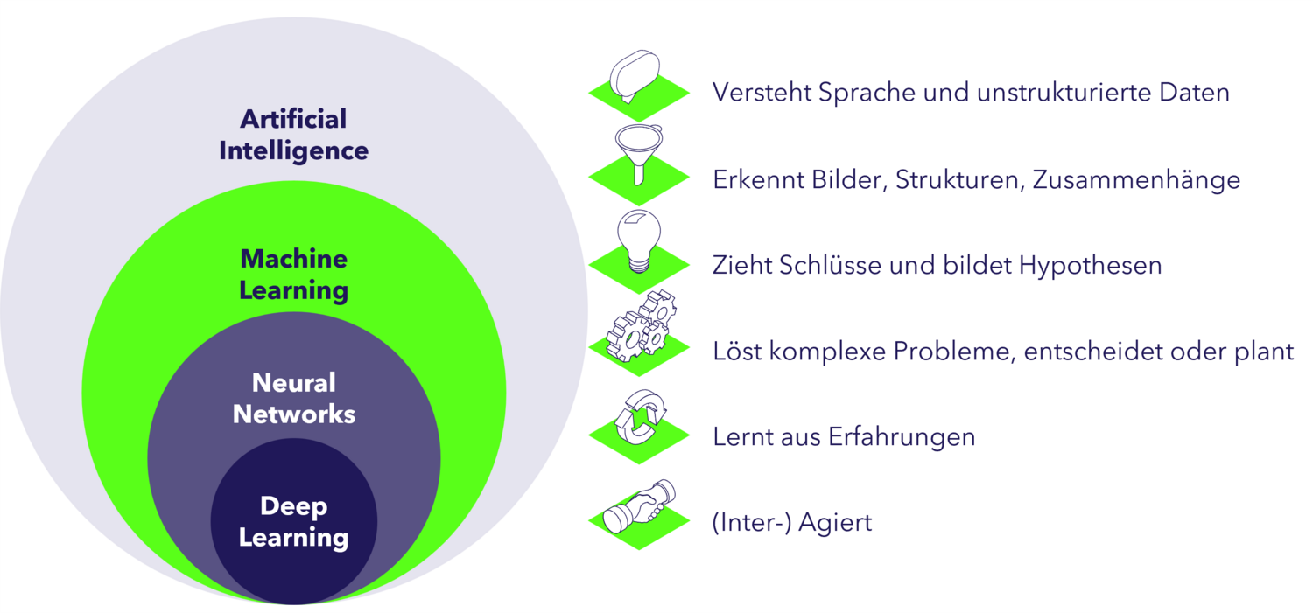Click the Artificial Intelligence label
(x=293, y=135)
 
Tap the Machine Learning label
(x=293, y=275)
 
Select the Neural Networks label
(x=293, y=398)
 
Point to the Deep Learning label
(x=293, y=522)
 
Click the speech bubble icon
(x=635, y=76)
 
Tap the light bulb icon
(x=639, y=241)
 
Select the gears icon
(x=642, y=325)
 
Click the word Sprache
(x=867, y=93)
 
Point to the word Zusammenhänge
(x=1136, y=180)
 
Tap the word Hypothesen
(x=1091, y=266)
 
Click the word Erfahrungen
(x=902, y=437)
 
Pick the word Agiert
(x=835, y=523)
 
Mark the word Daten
(x=1194, y=93)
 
